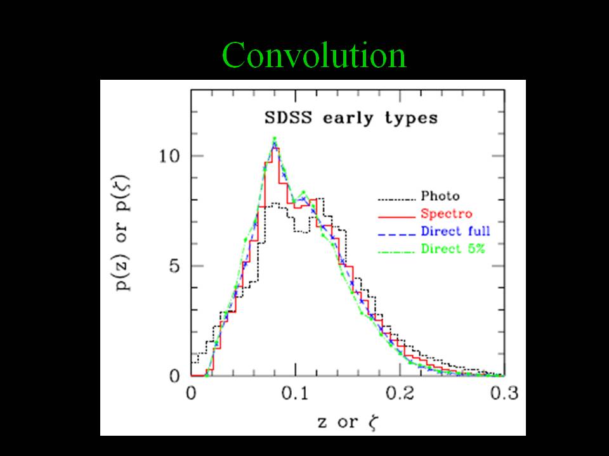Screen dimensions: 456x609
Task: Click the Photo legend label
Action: (x=440, y=196)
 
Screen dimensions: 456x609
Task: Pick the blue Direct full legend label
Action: (x=455, y=231)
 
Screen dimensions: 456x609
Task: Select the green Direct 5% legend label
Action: (x=453, y=249)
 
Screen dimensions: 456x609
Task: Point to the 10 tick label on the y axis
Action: (x=169, y=156)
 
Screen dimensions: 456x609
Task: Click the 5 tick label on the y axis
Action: (x=176, y=266)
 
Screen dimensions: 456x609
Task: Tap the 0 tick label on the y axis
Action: (x=176, y=376)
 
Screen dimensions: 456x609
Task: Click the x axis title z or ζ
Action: (x=348, y=422)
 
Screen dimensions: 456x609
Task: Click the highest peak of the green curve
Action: (x=274, y=139)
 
